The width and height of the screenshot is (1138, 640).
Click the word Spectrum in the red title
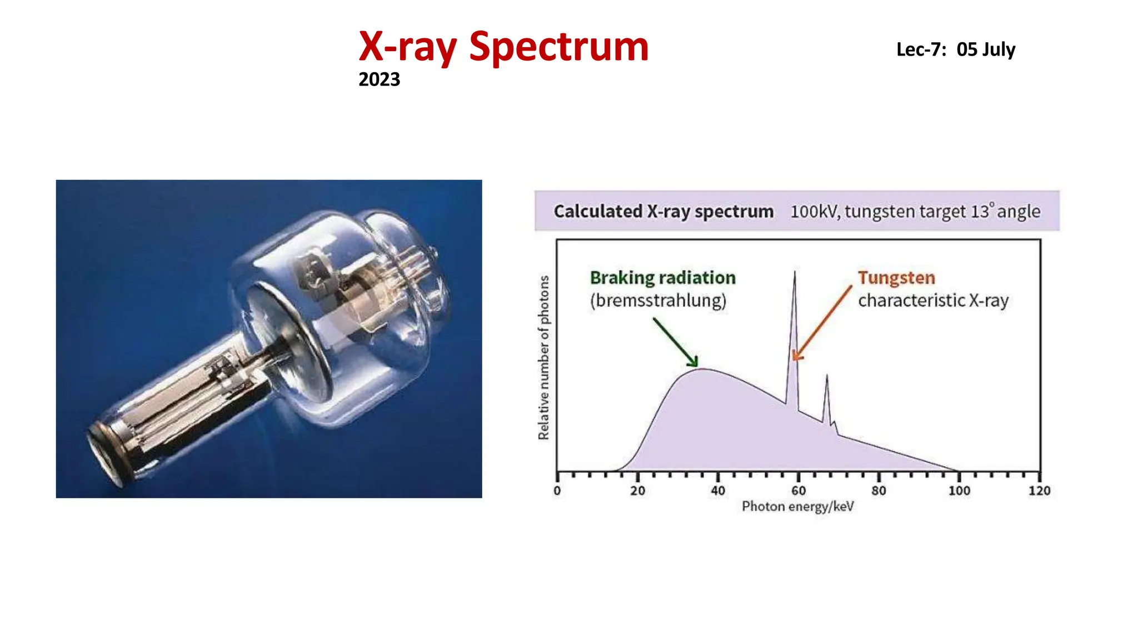coord(558,47)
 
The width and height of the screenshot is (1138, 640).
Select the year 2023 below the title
coord(379,79)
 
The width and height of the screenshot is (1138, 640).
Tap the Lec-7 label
coord(920,49)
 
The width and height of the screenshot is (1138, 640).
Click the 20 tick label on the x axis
coord(637,491)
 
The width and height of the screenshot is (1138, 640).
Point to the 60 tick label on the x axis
coord(798,491)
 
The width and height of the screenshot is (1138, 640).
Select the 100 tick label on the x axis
coord(959,491)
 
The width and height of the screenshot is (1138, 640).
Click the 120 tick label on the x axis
coord(1039,491)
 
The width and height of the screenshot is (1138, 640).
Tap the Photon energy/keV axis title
coord(797,506)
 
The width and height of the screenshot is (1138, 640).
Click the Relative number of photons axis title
coord(543,358)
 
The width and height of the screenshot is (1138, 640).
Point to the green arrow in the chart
coord(675,342)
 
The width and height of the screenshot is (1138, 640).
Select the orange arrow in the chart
coord(822,323)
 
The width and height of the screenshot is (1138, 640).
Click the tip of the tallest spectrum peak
coord(795,272)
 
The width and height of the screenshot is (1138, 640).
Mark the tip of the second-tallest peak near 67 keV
coord(827,376)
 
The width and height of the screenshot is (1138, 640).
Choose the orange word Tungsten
coord(896,278)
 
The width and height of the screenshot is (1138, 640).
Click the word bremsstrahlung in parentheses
coord(658,301)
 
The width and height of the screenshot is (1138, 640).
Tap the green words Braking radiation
coord(662,278)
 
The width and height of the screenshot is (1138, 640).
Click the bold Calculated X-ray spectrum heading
coord(663,212)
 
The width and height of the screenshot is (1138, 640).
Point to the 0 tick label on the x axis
coord(557,491)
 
